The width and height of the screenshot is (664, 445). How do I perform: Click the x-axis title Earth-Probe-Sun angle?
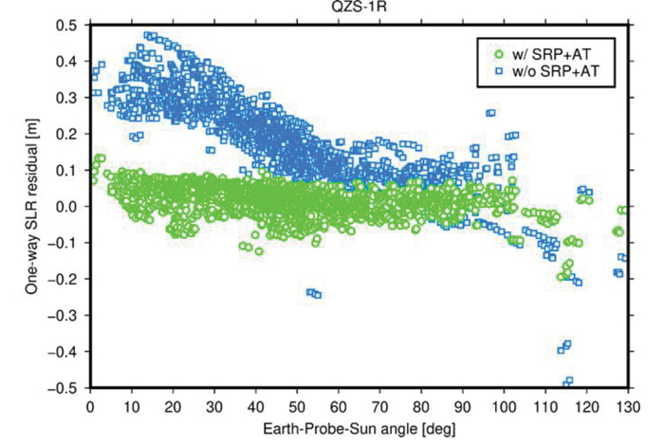[358, 430]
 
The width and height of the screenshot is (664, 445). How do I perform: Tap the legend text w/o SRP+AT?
[550, 71]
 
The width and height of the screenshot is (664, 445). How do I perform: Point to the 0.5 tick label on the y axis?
[69, 25]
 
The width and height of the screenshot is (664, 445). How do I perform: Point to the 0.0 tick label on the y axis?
[69, 206]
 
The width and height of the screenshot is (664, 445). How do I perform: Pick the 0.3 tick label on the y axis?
[69, 98]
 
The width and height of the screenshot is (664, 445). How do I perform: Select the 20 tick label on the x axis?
[173, 403]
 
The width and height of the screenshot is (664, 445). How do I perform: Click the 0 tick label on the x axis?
[90, 403]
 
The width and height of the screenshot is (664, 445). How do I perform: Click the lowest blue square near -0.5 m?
[568, 381]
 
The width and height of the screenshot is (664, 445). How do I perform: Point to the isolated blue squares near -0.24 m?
[313, 293]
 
